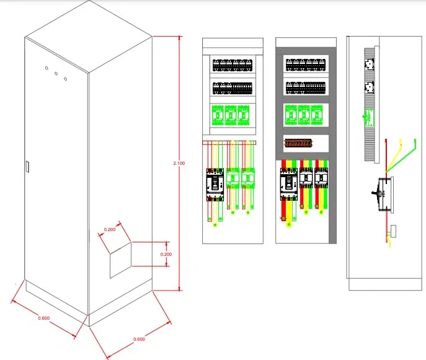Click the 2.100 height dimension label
179,163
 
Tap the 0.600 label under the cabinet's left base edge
44,318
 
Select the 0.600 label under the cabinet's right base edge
139,339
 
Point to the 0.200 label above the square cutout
110,229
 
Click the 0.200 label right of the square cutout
166,255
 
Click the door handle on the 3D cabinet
27,167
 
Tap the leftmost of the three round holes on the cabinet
47,68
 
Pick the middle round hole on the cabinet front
56,73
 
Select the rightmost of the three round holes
66,79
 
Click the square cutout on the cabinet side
121,260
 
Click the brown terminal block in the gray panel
298,143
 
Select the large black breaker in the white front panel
215,185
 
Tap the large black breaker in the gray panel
288,184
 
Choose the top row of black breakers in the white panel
233,65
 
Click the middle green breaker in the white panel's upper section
231,115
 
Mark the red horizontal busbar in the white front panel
229,143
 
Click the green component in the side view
369,118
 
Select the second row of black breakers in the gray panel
306,88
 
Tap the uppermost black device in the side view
369,64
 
